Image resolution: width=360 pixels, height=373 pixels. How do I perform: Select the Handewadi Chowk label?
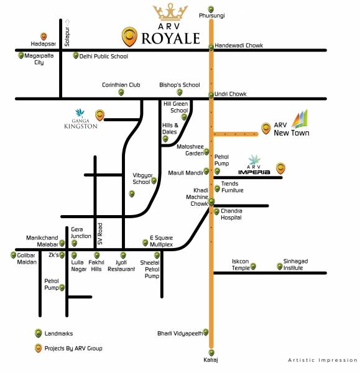[239, 45]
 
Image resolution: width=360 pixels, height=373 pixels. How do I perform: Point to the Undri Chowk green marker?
[211, 94]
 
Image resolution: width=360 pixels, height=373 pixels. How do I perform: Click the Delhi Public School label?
[104, 56]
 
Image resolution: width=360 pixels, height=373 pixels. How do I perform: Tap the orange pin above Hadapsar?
[44, 37]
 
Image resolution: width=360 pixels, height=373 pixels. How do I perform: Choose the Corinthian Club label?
[122, 85]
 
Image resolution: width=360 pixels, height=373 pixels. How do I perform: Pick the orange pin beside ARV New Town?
[265, 127]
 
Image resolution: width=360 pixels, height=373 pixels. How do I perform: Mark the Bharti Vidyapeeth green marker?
[206, 334]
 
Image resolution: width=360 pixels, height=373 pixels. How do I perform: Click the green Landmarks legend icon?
[39, 333]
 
